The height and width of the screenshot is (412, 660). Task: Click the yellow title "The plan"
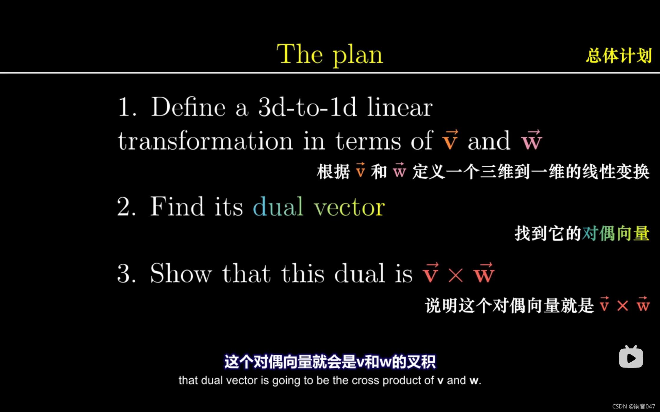(x=330, y=54)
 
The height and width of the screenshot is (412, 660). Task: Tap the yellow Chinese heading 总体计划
(x=619, y=55)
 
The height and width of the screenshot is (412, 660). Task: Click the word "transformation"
(x=205, y=141)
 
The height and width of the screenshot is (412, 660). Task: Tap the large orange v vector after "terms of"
(x=450, y=139)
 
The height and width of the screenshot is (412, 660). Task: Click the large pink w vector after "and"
(x=532, y=139)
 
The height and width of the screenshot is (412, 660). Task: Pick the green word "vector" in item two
(x=349, y=207)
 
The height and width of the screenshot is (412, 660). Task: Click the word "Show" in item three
(x=181, y=273)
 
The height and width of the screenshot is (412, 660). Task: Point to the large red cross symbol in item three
(x=456, y=276)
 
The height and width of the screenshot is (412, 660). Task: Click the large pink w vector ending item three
(x=484, y=273)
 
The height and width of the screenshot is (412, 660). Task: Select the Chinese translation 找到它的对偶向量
(x=582, y=234)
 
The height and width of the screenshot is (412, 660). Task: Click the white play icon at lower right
(x=631, y=357)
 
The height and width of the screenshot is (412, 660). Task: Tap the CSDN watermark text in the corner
(x=633, y=406)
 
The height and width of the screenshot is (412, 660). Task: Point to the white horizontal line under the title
(x=330, y=73)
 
